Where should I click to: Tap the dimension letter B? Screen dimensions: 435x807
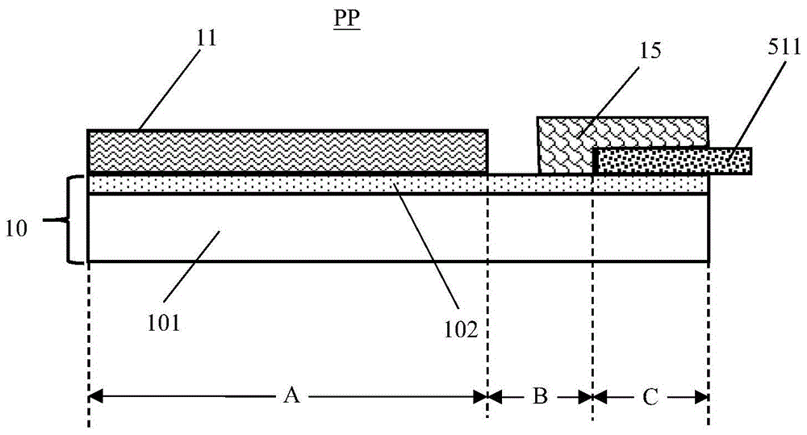coord(540,396)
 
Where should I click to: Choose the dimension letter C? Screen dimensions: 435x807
coord(650,396)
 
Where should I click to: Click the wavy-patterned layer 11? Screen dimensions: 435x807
coord(286,152)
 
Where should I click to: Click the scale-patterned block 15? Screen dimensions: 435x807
coord(565,145)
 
